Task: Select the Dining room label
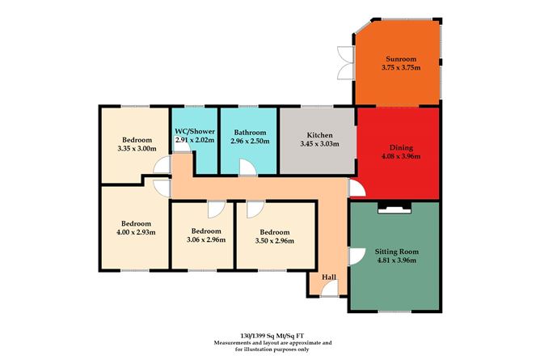(401, 148)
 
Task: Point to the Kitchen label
(316, 135)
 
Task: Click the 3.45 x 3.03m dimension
(316, 144)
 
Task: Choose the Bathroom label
(250, 132)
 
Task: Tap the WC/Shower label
(194, 132)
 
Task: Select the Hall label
(328, 277)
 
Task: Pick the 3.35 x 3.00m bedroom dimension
(136, 148)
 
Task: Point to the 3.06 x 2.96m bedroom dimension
(200, 240)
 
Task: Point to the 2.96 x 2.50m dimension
(250, 141)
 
